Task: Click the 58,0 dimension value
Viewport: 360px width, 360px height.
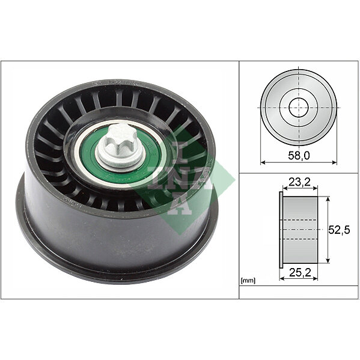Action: pos(299,156)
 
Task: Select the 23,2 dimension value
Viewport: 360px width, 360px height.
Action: pos(299,182)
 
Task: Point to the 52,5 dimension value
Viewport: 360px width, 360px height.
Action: pos(339,230)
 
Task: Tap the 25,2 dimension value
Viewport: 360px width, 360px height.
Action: pos(300,272)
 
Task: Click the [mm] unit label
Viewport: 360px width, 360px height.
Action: pos(248,280)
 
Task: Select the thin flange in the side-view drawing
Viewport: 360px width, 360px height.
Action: pos(281,230)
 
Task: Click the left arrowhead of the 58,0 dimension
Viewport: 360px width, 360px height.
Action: pos(263,162)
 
